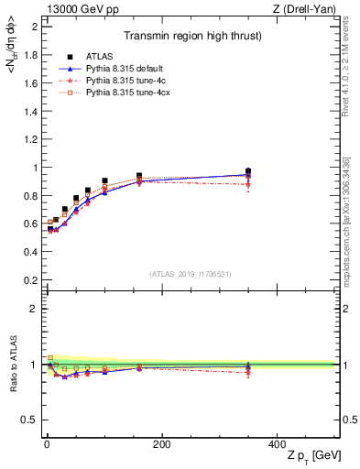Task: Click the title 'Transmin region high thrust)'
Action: [x=189, y=37]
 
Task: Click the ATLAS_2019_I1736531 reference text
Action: [x=191, y=274]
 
